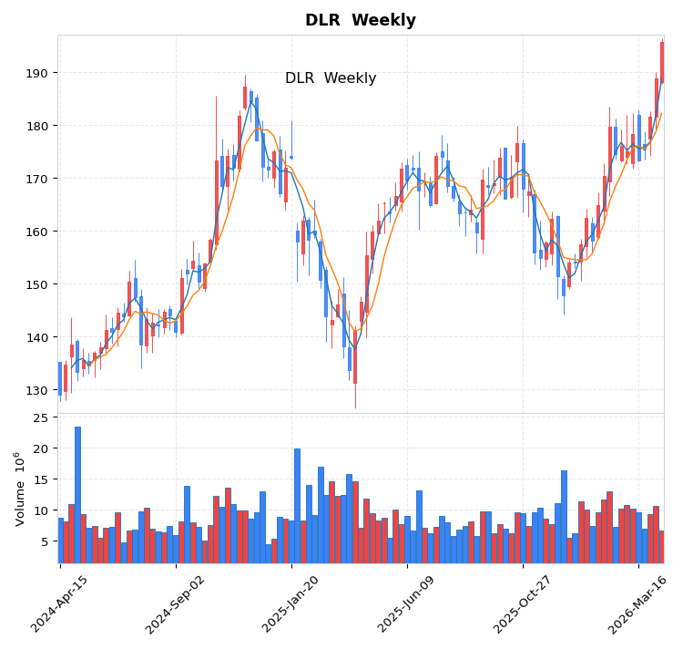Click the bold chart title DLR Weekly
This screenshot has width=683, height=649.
(x=360, y=20)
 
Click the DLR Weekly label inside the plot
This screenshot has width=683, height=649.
(x=331, y=78)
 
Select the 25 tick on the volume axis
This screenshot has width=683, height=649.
(x=40, y=417)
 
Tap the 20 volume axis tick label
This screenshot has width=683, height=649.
(x=40, y=448)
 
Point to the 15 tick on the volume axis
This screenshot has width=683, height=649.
(x=40, y=479)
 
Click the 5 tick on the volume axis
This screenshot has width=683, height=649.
(x=44, y=541)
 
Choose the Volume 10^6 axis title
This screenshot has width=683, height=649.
(x=20, y=489)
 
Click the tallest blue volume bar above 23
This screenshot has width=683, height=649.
(x=77, y=492)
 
